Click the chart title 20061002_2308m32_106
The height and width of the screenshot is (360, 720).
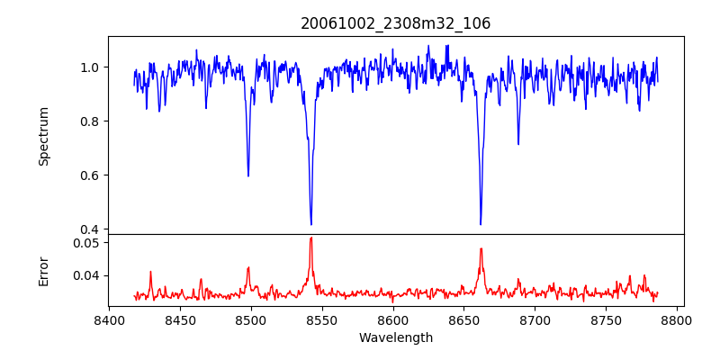coord(396,23)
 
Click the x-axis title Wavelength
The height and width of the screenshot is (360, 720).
coord(396,337)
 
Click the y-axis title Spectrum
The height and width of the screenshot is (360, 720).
coord(43,136)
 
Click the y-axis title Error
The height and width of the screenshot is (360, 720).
coord(43,270)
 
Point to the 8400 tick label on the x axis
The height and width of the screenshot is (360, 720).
coord(109,319)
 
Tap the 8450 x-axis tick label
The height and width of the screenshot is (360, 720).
coord(180,319)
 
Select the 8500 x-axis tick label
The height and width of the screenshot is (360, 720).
coord(251,319)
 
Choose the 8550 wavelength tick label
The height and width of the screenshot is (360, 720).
coord(322,319)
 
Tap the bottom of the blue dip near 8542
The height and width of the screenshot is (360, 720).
coord(311,224)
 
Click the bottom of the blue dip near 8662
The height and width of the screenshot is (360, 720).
coord(481,224)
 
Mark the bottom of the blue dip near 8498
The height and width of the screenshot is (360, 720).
coord(248,175)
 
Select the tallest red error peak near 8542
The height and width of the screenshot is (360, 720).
coord(311,238)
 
